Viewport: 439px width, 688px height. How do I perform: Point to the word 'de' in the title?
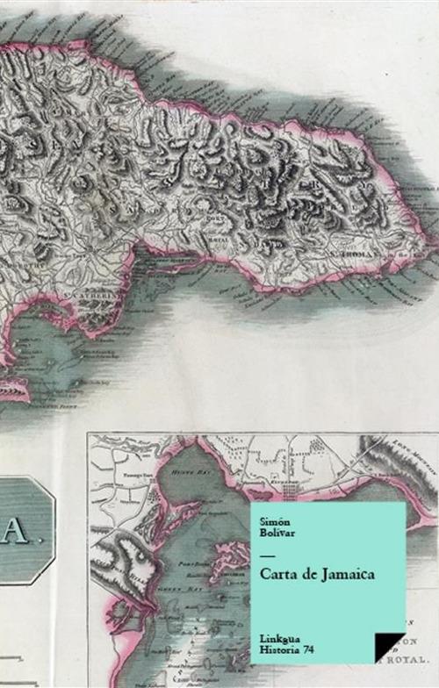pyautogui.click(x=304, y=574)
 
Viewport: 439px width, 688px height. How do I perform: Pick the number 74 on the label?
pyautogui.click(x=308, y=648)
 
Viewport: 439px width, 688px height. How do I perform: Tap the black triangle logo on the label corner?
pyautogui.click(x=388, y=645)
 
